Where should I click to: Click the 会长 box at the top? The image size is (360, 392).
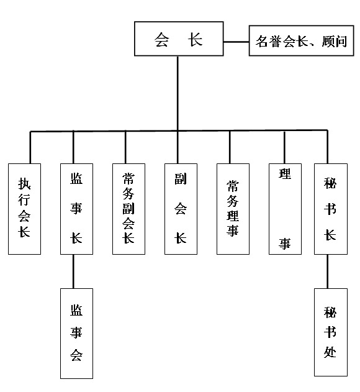click(x=179, y=39)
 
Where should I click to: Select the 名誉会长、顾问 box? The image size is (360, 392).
click(x=301, y=40)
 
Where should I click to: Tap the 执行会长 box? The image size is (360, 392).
click(x=24, y=209)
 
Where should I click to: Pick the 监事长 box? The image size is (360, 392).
click(x=76, y=209)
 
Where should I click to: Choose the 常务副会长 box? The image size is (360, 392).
click(x=128, y=209)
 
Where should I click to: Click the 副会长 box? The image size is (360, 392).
click(x=181, y=209)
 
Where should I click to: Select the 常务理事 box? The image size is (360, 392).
click(x=233, y=209)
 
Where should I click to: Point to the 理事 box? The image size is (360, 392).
click(x=285, y=209)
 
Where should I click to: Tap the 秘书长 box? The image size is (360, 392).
click(x=331, y=209)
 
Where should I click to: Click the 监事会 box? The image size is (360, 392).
click(x=76, y=334)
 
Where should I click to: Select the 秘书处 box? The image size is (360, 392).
click(x=331, y=332)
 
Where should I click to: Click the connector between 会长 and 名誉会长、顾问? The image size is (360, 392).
click(x=236, y=42)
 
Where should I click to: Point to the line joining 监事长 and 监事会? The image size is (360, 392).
click(x=73, y=271)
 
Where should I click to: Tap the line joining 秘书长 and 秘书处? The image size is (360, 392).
click(x=328, y=271)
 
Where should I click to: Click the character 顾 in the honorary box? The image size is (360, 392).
click(x=327, y=41)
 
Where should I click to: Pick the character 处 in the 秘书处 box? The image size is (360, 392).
click(x=330, y=352)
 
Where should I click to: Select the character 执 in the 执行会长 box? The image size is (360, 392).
click(x=24, y=184)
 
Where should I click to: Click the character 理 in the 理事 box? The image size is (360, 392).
click(x=285, y=174)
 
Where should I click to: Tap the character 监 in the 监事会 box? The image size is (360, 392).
click(x=76, y=310)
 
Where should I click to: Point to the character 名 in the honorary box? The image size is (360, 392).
click(x=261, y=41)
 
